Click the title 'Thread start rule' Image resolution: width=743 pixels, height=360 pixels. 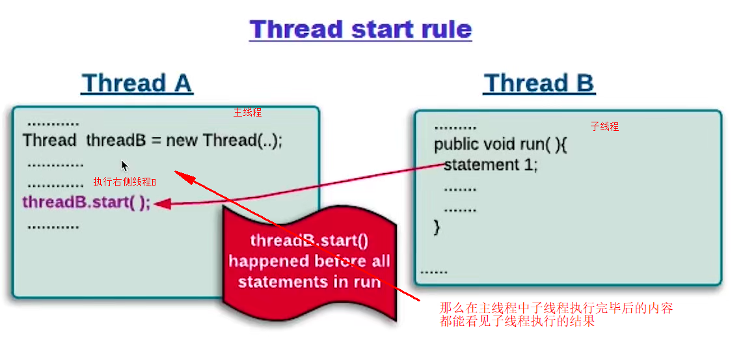coord(361,30)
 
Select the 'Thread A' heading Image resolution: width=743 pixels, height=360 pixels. coord(137,83)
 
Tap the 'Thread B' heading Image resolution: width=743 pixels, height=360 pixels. coord(539,83)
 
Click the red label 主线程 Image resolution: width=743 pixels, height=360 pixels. coord(247,113)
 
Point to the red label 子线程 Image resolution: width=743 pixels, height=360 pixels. coord(604,127)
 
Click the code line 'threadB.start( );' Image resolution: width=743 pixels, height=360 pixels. coord(87,202)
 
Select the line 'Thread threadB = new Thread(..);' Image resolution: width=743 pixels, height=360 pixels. coord(153,141)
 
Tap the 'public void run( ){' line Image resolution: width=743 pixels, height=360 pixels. coord(501,144)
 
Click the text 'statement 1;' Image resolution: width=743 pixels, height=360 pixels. coord(491,165)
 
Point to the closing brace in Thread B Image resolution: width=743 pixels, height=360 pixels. coord(437,227)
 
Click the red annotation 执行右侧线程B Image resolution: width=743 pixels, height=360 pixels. coord(125,182)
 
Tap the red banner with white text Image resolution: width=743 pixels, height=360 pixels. coord(309,260)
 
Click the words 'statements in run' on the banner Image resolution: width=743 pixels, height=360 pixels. coord(309,282)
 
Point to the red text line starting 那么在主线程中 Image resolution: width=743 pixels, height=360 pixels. coord(556,308)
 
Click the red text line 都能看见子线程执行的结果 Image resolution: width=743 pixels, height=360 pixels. coord(517,321)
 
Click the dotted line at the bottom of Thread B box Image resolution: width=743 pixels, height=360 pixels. coord(434,271)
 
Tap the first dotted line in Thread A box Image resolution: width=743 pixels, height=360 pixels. coord(53,123)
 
